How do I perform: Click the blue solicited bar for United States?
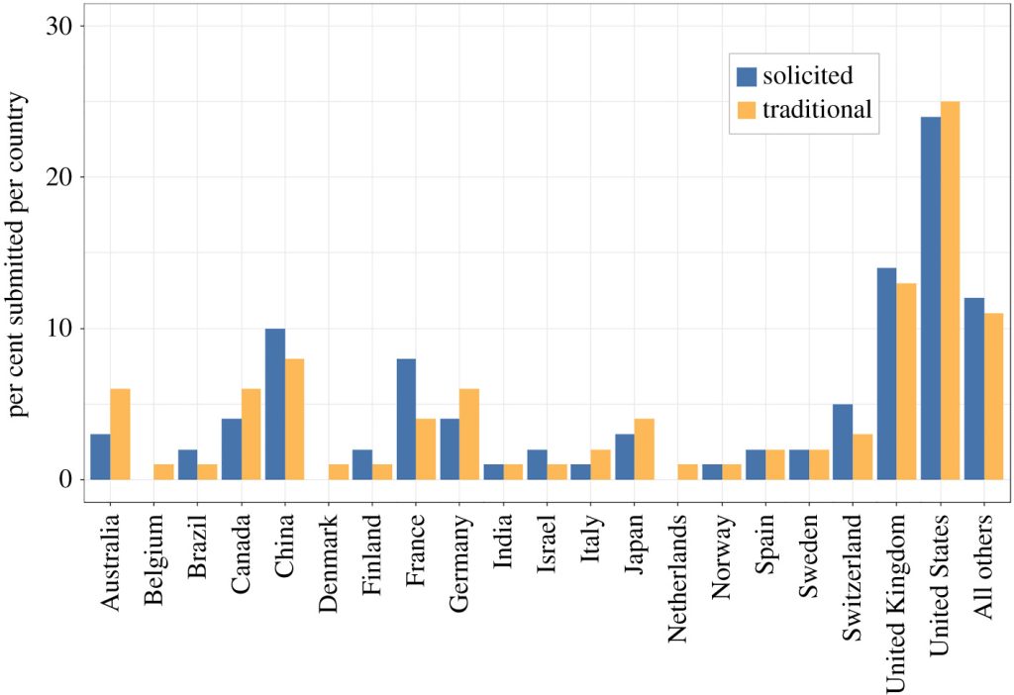pos(931,298)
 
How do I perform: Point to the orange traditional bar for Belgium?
pos(164,471)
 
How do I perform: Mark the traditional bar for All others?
pos(994,396)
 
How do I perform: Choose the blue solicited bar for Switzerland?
pos(843,442)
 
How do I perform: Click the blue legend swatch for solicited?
pos(747,76)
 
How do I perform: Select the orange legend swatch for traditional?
pos(747,109)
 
